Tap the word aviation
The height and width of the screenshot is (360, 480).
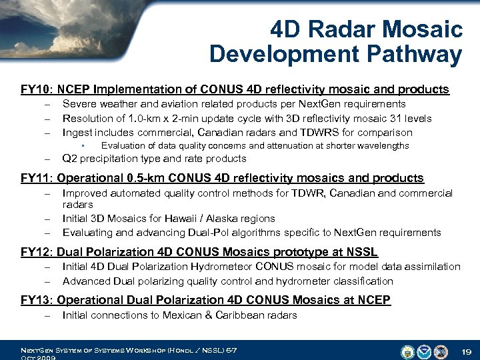[180, 104]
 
